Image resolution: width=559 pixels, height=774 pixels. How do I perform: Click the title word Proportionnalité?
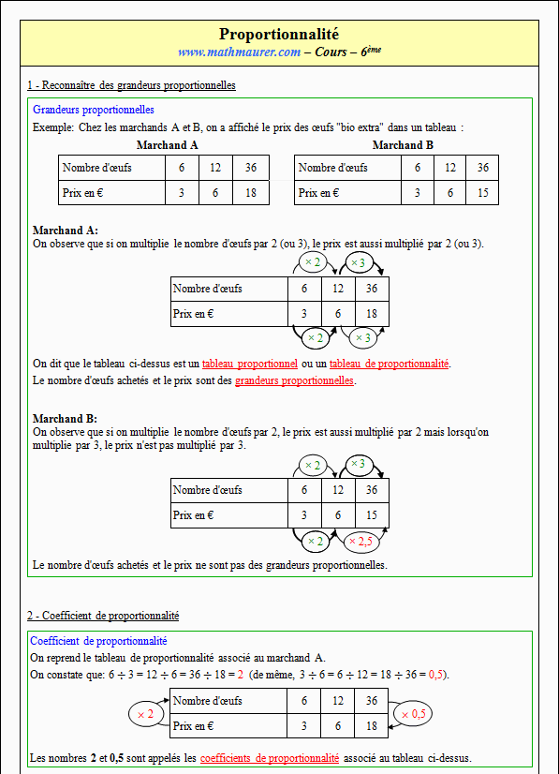pyautogui.click(x=279, y=34)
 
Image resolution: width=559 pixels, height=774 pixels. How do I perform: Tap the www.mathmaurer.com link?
pyautogui.click(x=240, y=52)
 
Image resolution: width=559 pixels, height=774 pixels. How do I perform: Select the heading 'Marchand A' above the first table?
pyautogui.click(x=168, y=145)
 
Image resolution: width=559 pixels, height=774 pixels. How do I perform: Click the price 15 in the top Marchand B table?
pyautogui.click(x=482, y=193)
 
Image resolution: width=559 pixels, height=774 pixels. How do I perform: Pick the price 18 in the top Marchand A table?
pyautogui.click(x=251, y=193)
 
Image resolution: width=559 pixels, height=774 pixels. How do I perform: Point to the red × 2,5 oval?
pyautogui.click(x=361, y=542)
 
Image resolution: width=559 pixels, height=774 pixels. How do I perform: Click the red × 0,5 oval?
pyautogui.click(x=414, y=714)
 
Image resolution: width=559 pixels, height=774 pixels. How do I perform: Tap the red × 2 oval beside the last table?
pyautogui.click(x=145, y=714)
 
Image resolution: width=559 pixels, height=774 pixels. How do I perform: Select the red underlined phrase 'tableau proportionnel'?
pyautogui.click(x=250, y=364)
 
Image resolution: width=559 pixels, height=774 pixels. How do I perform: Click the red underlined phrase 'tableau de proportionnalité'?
pyautogui.click(x=390, y=364)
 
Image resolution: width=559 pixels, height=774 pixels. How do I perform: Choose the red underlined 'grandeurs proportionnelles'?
pyautogui.click(x=295, y=380)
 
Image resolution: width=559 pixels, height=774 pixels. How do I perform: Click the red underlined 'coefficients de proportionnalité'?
pyautogui.click(x=270, y=758)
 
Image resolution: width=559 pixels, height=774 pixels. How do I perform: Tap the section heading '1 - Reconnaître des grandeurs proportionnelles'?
pyautogui.click(x=131, y=85)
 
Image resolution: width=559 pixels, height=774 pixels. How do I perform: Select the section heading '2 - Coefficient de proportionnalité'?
pyautogui.click(x=103, y=616)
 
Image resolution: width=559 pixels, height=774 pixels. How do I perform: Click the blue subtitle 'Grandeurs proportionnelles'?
pyautogui.click(x=94, y=110)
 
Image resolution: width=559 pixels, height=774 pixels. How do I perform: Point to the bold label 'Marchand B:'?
pyautogui.click(x=65, y=419)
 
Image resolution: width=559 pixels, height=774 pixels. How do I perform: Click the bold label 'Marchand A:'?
pyautogui.click(x=66, y=230)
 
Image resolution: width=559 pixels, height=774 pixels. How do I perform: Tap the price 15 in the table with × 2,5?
pyautogui.click(x=372, y=515)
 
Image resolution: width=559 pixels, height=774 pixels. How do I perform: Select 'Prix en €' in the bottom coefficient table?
pyautogui.click(x=193, y=726)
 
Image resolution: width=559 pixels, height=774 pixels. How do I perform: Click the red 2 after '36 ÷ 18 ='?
pyautogui.click(x=241, y=675)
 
